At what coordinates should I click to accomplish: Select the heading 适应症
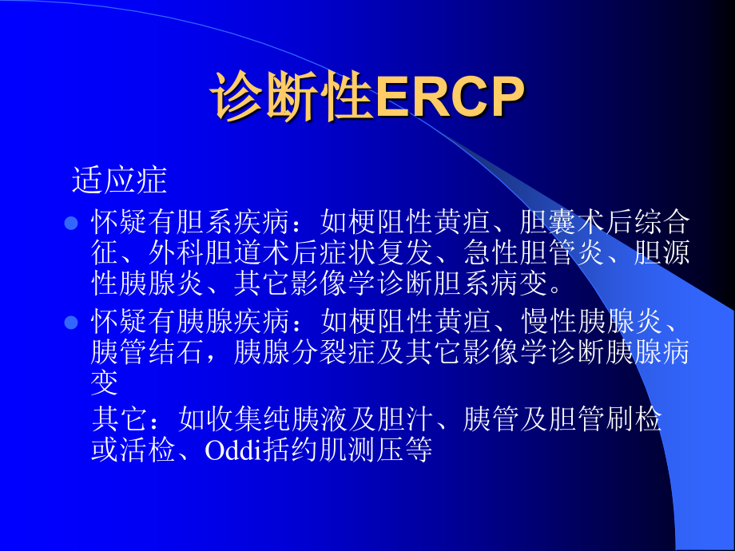coord(119,180)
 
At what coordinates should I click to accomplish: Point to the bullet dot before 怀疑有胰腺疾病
coord(71,323)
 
